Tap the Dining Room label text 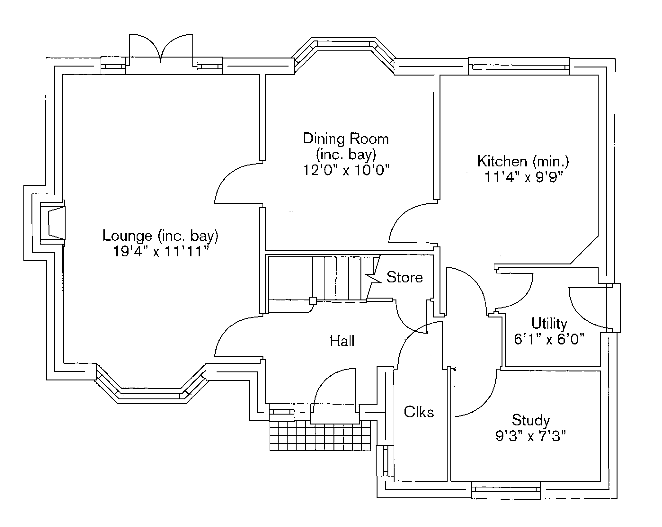346,139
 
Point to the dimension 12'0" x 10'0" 346,170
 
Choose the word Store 404,277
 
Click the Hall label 342,341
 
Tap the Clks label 419,412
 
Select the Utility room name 549,323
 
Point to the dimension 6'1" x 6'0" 549,339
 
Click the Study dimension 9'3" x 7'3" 531,436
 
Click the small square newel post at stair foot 313,300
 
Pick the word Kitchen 502,161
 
